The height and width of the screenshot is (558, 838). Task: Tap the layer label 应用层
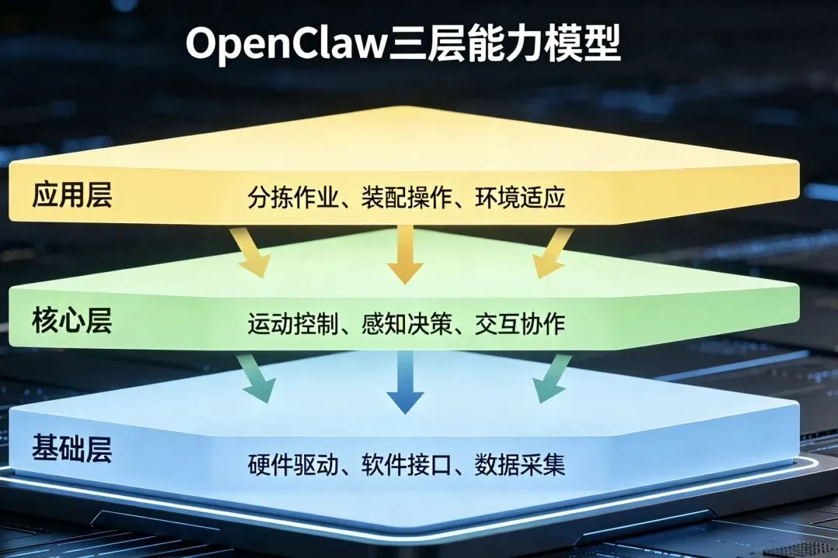tap(72, 195)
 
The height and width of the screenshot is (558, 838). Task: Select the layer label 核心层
tap(72, 320)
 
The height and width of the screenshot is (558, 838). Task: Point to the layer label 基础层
tap(72, 448)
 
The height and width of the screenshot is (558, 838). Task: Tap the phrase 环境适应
tap(520, 198)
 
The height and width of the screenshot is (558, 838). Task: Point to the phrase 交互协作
tap(520, 324)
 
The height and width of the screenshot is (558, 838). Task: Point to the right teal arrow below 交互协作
tap(551, 380)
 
